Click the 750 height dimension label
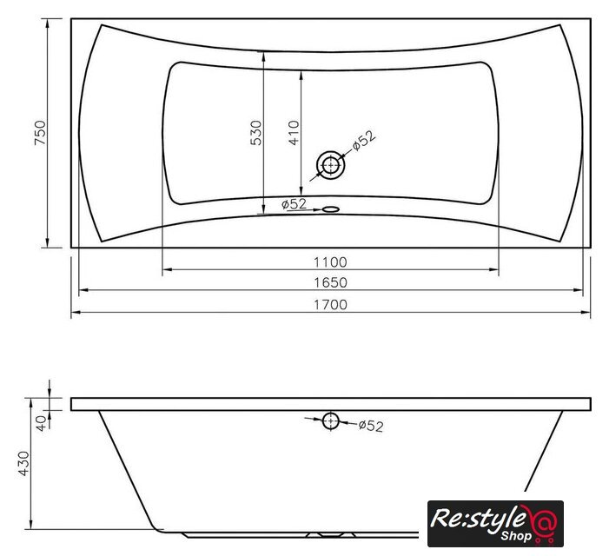[x=40, y=133]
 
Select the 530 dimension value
[x=256, y=133]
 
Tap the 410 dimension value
[x=294, y=133]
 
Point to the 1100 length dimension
[x=330, y=262]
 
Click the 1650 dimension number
[x=330, y=282]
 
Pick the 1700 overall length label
[x=330, y=304]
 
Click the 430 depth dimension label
[x=23, y=463]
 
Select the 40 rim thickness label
[x=41, y=422]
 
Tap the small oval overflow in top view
[x=331, y=209]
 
